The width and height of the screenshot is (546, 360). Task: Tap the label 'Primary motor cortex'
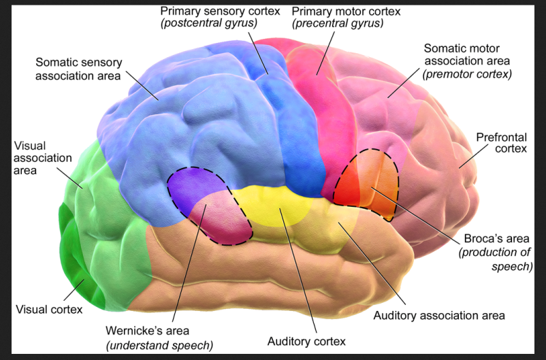click(337, 11)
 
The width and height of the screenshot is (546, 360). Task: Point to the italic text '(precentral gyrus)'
click(337, 24)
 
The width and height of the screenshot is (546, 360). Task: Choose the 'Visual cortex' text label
click(49, 310)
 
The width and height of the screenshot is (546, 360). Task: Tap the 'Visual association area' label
click(42, 158)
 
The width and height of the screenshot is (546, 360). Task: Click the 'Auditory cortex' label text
click(306, 341)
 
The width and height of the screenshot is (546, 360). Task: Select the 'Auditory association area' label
click(439, 316)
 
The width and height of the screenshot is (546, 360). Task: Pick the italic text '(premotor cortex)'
click(466, 73)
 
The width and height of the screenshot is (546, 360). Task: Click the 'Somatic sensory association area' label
click(78, 69)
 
